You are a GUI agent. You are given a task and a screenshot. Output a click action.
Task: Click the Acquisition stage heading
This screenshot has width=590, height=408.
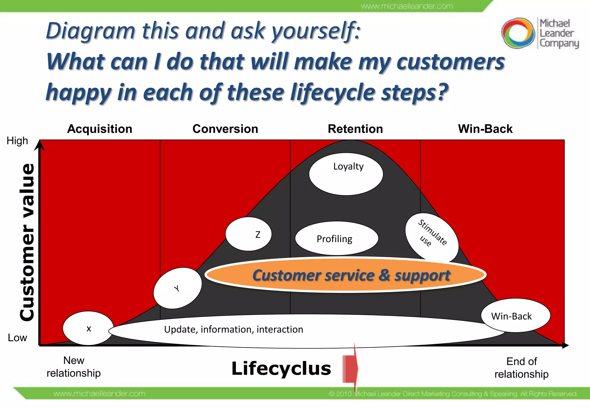(x=99, y=129)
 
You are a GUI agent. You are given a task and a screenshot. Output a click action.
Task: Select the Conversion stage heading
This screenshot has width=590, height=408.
(x=225, y=129)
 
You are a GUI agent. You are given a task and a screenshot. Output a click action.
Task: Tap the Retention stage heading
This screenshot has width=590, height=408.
(x=355, y=129)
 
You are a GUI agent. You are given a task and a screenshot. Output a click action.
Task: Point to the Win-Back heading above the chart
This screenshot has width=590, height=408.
(x=485, y=129)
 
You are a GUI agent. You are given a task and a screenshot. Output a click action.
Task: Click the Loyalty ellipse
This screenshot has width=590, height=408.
(x=346, y=174)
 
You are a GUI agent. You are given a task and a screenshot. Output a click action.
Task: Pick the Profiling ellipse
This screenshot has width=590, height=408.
(x=336, y=239)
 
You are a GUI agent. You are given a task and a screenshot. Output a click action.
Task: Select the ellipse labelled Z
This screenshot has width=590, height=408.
(x=248, y=234)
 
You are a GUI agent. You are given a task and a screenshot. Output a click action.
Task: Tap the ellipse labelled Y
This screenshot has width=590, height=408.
(x=177, y=288)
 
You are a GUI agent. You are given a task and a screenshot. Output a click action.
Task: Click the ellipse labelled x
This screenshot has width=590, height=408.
(x=88, y=328)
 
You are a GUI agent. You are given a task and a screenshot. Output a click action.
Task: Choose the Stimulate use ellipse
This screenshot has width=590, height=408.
(x=432, y=237)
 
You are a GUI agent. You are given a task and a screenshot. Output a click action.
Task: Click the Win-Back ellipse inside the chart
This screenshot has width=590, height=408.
(x=515, y=316)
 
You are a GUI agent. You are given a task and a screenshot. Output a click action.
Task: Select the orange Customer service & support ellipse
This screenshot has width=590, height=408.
(x=346, y=275)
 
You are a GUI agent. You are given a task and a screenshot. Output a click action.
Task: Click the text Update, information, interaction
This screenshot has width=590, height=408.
(x=233, y=329)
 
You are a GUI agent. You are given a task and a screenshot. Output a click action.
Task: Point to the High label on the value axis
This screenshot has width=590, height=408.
(x=17, y=141)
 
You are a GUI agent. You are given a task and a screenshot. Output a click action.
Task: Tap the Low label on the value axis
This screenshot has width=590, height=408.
(x=17, y=338)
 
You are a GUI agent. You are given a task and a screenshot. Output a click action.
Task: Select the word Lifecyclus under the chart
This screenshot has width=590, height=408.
(x=281, y=369)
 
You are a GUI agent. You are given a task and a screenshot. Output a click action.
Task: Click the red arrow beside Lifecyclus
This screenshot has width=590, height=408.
(x=350, y=369)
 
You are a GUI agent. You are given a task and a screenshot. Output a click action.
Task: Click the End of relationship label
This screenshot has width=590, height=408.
(x=521, y=368)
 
